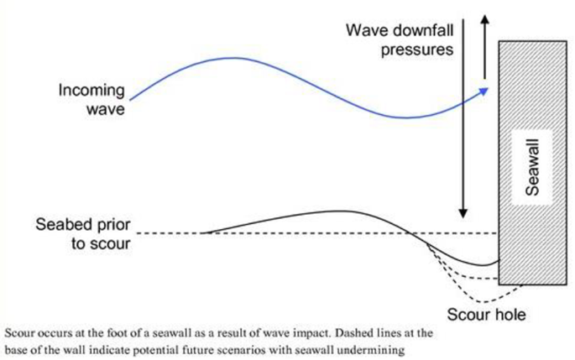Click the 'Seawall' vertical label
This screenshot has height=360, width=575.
(x=532, y=167)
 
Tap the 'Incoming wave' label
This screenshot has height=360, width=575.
(x=91, y=99)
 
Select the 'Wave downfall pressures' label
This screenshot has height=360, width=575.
(x=400, y=39)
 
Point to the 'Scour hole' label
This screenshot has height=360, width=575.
(x=486, y=315)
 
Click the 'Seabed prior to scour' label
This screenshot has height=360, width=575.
(x=83, y=234)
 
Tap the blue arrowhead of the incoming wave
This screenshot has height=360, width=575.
(x=484, y=91)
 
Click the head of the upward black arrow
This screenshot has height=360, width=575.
(x=485, y=19)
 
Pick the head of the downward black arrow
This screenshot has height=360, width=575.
(x=463, y=214)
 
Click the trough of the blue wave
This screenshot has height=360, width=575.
(x=406, y=117)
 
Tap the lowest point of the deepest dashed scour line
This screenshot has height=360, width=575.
(x=484, y=302)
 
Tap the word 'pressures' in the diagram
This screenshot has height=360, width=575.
(x=417, y=50)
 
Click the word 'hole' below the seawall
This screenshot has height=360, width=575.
(x=511, y=315)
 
